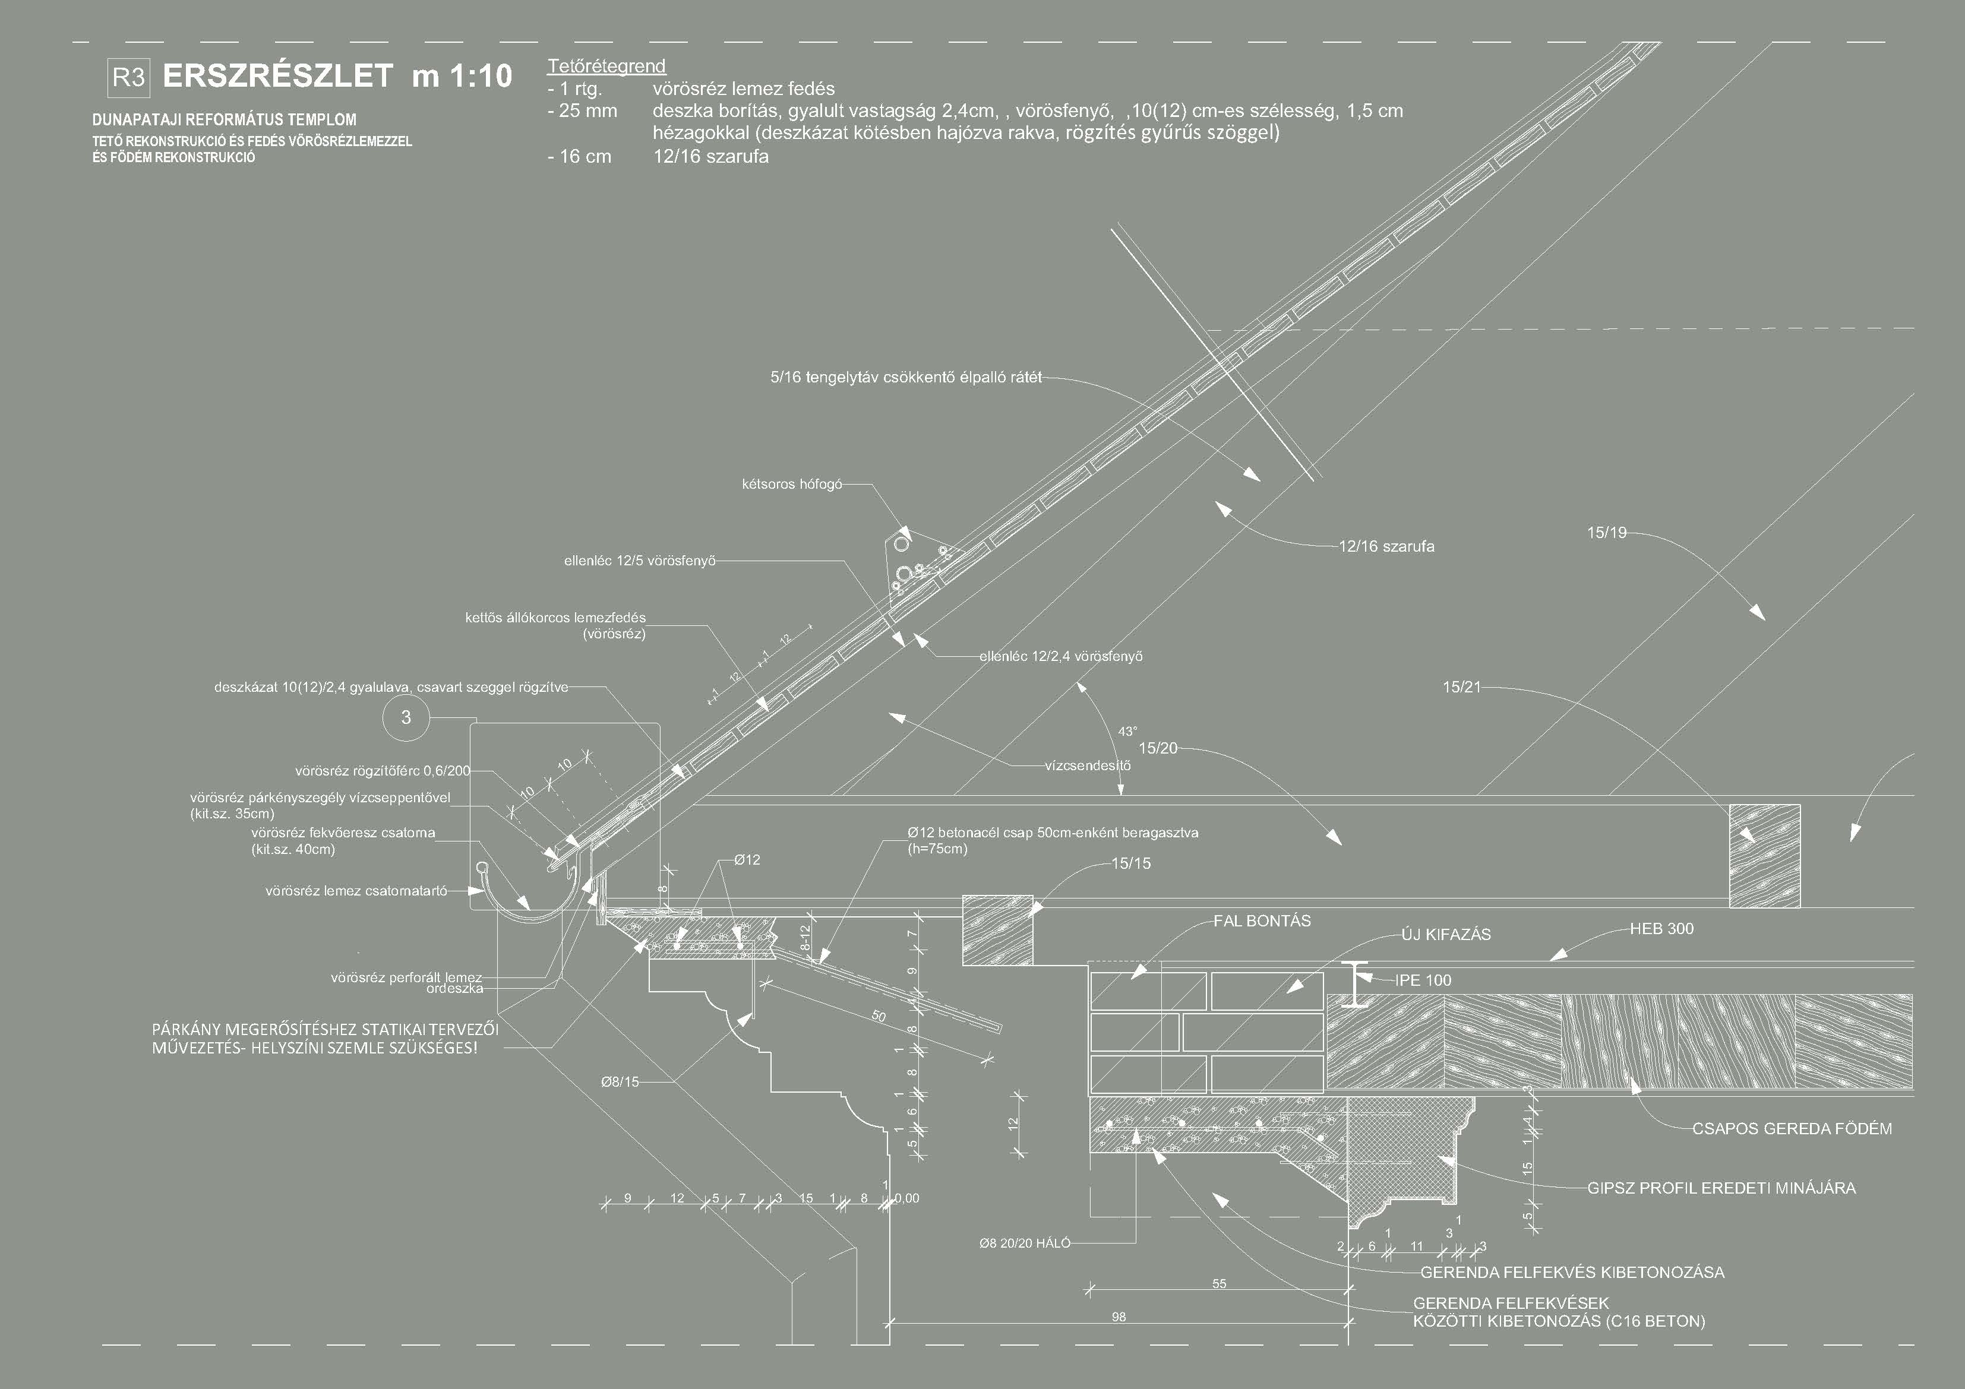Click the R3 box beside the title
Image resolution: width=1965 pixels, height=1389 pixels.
pyautogui.click(x=128, y=78)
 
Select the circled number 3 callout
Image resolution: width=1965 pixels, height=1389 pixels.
pyautogui.click(x=406, y=717)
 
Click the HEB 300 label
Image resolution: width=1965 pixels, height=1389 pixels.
pyautogui.click(x=1661, y=929)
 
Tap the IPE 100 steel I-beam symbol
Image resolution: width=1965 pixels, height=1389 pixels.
pyautogui.click(x=1354, y=983)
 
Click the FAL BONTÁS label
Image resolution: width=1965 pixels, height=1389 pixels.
pyautogui.click(x=1262, y=921)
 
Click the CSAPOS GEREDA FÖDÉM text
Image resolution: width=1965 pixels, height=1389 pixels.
pyautogui.click(x=1792, y=1129)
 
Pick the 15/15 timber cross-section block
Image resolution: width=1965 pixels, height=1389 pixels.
pyautogui.click(x=998, y=929)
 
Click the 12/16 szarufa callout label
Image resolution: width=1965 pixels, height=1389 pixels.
pyautogui.click(x=1386, y=546)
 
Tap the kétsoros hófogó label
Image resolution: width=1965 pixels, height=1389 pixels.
pyautogui.click(x=792, y=485)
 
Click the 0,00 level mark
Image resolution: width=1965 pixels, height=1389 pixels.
pyautogui.click(x=906, y=1198)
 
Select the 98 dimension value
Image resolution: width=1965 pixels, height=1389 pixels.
pyautogui.click(x=1119, y=1317)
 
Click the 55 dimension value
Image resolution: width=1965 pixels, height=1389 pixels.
pyautogui.click(x=1219, y=1284)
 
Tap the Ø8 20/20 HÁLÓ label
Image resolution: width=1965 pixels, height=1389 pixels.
pyautogui.click(x=1025, y=1244)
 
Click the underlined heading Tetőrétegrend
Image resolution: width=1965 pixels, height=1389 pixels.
pyautogui.click(x=606, y=66)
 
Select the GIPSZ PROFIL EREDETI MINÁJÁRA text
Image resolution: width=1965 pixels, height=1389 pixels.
pyautogui.click(x=1721, y=1188)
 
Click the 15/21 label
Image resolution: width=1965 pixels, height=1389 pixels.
pyautogui.click(x=1461, y=686)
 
